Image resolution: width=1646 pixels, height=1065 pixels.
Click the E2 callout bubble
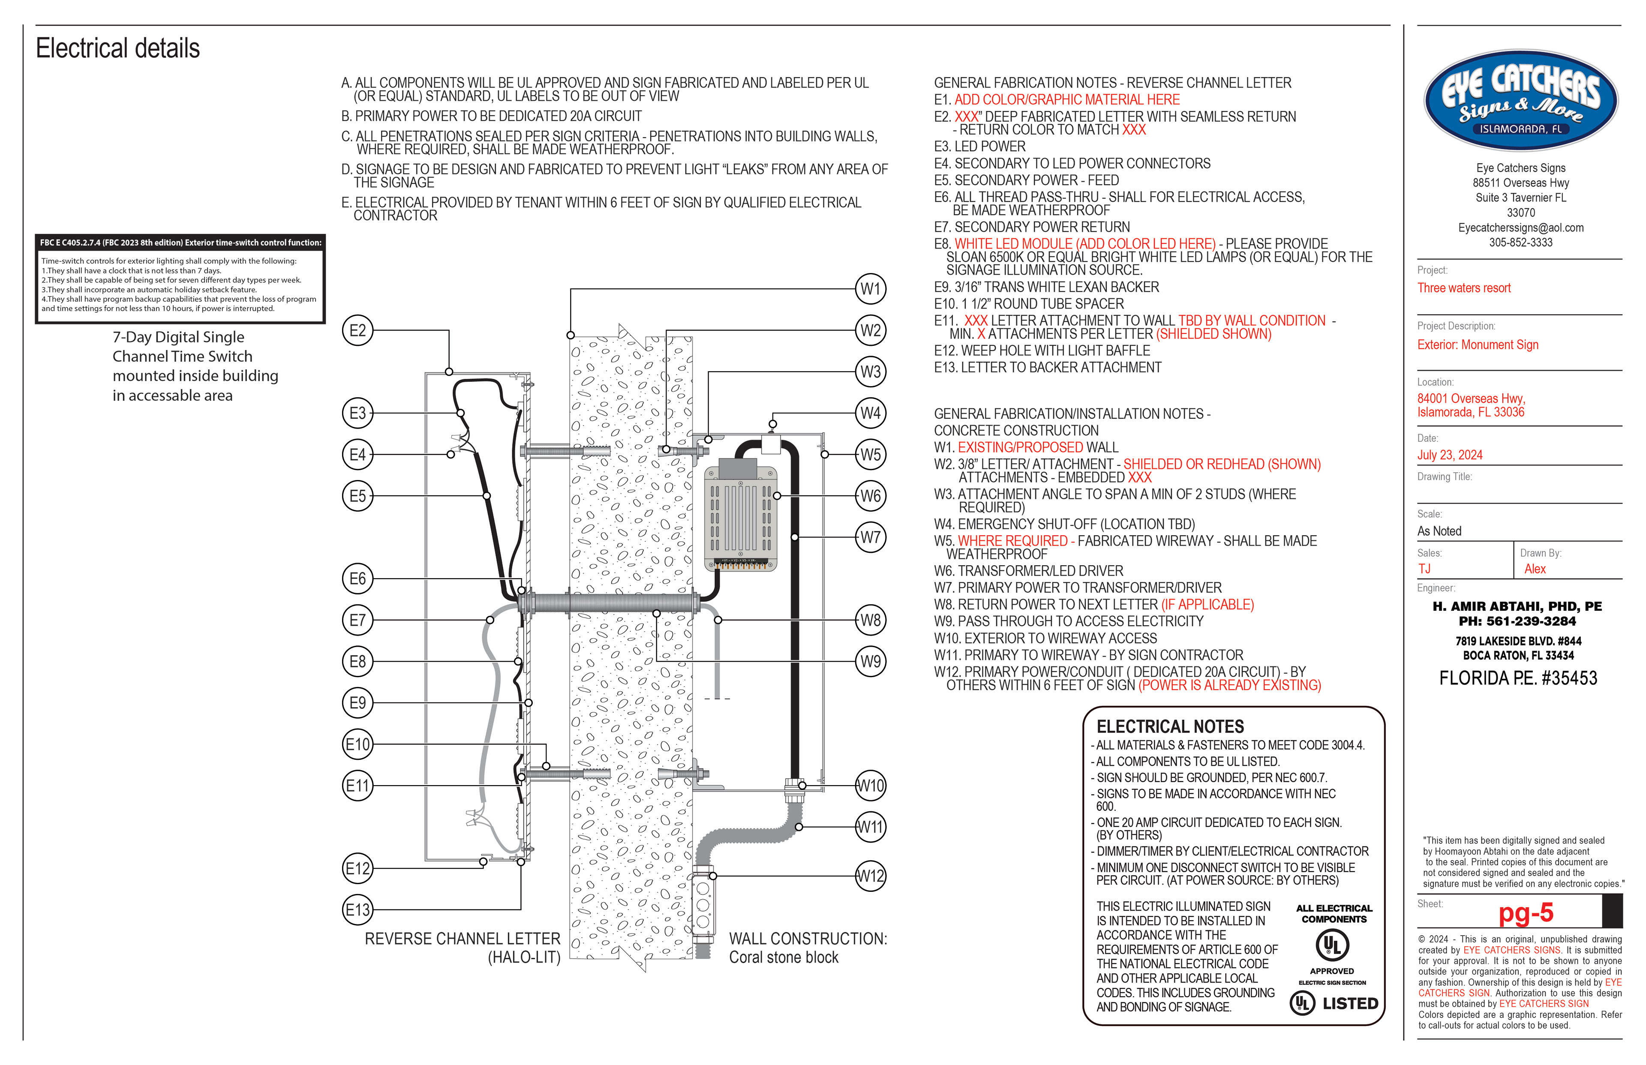(x=357, y=330)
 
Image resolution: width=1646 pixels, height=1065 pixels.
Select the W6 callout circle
(x=870, y=496)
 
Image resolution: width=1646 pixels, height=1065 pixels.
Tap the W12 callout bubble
(x=870, y=876)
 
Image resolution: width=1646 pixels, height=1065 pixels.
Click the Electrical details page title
(x=117, y=48)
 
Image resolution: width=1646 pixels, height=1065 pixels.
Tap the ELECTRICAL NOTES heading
(x=1170, y=727)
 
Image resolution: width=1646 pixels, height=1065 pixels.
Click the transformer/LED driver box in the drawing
(x=740, y=515)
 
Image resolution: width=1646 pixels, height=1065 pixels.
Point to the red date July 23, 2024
(x=1450, y=455)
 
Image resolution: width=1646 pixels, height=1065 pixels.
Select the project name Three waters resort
(x=1463, y=288)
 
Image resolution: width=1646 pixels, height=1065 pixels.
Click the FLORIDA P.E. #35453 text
(x=1518, y=678)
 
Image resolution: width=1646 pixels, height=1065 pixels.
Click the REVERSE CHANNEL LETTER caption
(x=462, y=939)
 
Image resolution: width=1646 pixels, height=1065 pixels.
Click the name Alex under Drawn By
(x=1535, y=569)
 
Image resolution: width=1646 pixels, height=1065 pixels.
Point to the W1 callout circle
(x=870, y=289)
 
